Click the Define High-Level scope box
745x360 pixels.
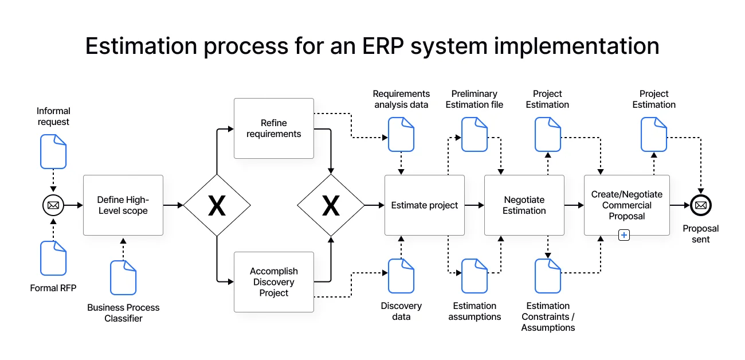pos(123,205)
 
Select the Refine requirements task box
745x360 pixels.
pos(273,128)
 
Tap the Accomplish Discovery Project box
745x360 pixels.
pos(273,282)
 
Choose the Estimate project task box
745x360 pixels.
pos(424,205)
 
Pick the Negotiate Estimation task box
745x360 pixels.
pos(524,205)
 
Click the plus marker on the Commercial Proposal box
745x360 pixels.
pos(624,234)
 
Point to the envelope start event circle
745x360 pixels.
pos(53,205)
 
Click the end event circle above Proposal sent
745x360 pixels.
pos(700,205)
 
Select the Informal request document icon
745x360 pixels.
pos(53,151)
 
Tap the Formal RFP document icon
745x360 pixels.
pos(53,258)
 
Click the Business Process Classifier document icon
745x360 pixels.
pos(123,277)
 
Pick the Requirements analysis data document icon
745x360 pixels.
pos(401,134)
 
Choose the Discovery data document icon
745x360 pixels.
pos(401,276)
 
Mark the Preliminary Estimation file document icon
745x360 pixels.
pos(475,134)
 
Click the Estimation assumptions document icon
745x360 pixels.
pos(475,276)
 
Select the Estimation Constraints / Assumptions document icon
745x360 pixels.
pos(548,276)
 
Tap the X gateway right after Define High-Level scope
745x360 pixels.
pos(217,205)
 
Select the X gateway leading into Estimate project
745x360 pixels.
pos(331,205)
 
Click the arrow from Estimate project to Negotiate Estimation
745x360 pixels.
pos(474,205)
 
